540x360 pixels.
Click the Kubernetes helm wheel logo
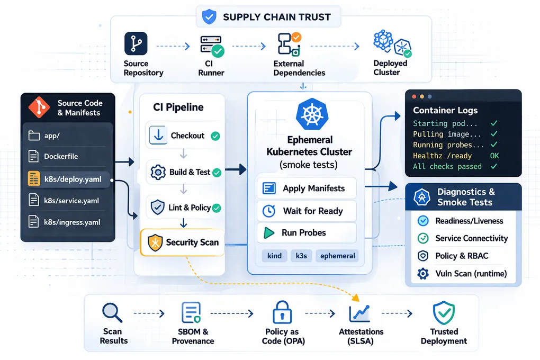tap(311, 114)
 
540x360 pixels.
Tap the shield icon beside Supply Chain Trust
tap(209, 17)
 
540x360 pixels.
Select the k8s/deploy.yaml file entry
tap(68, 179)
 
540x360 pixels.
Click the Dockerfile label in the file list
tap(61, 157)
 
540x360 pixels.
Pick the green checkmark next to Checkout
tap(215, 136)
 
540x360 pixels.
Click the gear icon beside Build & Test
tap(158, 172)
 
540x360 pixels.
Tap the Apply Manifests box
tap(306, 188)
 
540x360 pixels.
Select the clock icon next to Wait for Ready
tap(269, 211)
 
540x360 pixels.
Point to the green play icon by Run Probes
tap(268, 233)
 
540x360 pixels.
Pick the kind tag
tap(274, 256)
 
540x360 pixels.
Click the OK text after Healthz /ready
tap(494, 156)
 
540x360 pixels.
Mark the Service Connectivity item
tap(471, 238)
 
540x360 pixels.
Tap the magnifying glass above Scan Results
tap(112, 312)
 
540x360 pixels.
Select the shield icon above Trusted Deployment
tap(443, 313)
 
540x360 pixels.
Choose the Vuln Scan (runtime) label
tap(471, 274)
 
